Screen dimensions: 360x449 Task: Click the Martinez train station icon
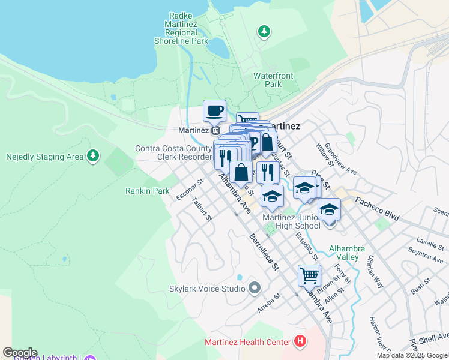(217, 130)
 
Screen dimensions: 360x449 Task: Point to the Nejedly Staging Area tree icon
(92, 157)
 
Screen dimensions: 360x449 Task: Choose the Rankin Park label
(147, 191)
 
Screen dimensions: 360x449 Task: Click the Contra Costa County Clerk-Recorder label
(173, 152)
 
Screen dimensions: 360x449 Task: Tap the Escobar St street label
(190, 188)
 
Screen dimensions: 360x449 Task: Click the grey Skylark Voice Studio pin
(255, 289)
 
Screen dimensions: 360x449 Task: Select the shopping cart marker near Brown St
(309, 277)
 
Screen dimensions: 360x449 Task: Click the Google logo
(20, 353)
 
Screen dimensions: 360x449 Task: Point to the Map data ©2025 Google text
(412, 355)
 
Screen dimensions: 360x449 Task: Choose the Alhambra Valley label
(343, 253)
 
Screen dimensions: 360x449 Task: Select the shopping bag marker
(241, 173)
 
